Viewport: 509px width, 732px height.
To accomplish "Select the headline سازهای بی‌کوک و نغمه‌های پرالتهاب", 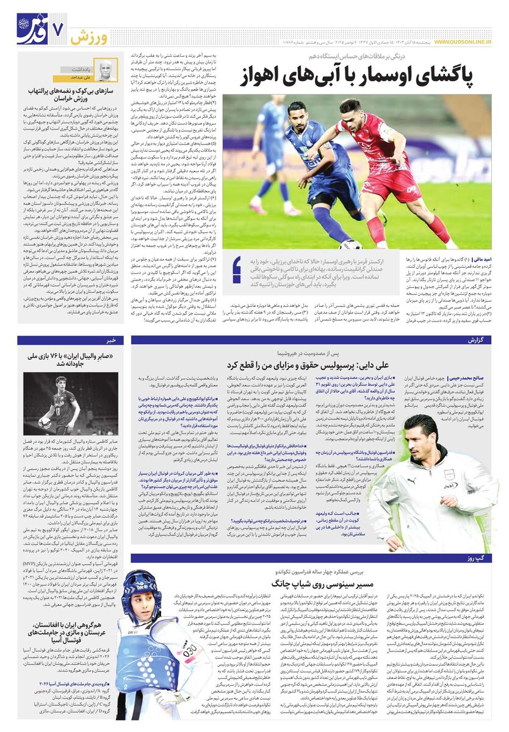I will (x=71, y=96).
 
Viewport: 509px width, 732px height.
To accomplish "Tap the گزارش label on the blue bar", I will (x=480, y=340).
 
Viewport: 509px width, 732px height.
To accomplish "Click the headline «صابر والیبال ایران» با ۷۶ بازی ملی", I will (x=71, y=359).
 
